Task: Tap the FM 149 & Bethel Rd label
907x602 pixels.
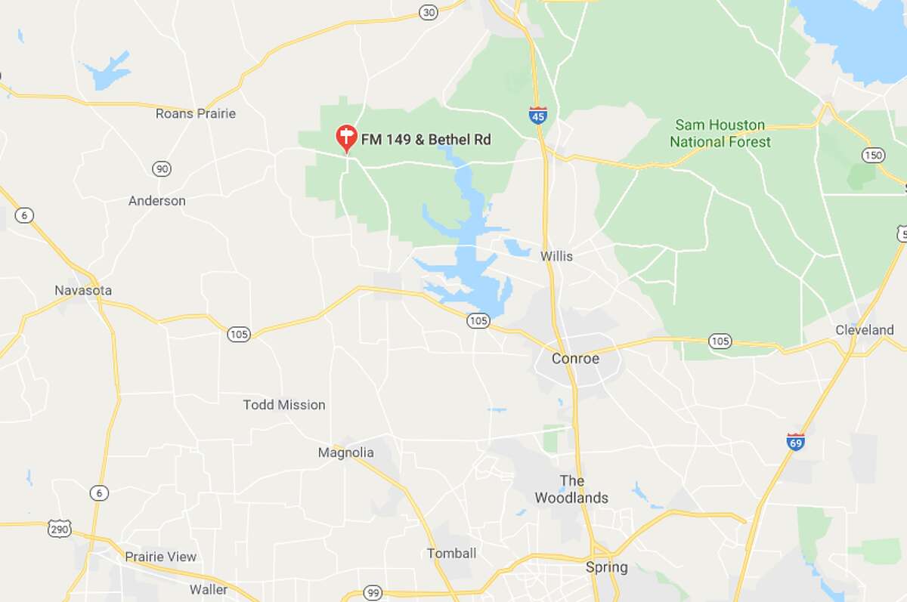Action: tap(426, 139)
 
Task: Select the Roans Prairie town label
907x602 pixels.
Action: tap(195, 113)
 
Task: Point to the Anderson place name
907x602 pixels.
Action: tap(156, 201)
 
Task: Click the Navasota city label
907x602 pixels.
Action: tap(83, 290)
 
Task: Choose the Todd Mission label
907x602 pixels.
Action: tap(284, 405)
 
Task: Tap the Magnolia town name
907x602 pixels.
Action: tap(345, 452)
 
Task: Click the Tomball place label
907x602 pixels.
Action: tap(451, 553)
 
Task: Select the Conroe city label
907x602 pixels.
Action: tap(575, 358)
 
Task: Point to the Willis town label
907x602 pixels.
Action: tap(556, 256)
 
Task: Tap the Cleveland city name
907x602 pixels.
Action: tap(864, 329)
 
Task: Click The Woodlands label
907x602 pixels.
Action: tap(571, 489)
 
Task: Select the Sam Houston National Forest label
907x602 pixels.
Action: tap(720, 133)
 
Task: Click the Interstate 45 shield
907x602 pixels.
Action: tap(537, 115)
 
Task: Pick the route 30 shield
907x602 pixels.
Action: tap(429, 11)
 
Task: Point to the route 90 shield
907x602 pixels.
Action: tap(161, 168)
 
